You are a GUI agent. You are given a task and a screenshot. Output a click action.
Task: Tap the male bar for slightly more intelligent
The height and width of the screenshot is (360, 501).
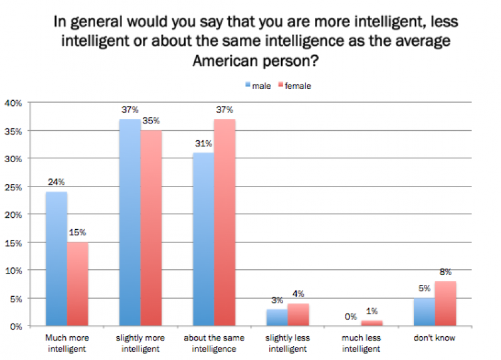[x=130, y=222]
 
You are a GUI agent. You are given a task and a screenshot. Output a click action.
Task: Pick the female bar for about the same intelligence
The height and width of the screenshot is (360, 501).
[x=225, y=222]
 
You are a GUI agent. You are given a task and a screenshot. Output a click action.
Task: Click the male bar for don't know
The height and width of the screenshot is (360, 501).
[x=423, y=312]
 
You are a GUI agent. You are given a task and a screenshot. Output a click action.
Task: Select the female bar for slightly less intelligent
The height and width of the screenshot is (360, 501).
[x=297, y=315]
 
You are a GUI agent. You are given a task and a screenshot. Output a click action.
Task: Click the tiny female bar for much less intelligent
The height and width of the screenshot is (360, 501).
[x=371, y=324]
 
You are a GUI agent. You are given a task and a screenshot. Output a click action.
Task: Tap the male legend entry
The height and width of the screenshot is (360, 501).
[x=257, y=86]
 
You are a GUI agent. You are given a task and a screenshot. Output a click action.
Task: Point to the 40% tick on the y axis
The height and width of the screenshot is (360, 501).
[x=13, y=103]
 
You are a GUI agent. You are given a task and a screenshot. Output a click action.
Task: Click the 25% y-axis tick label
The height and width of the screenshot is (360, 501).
[x=13, y=187]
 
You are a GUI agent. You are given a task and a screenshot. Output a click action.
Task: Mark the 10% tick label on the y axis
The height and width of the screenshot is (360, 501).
[x=13, y=270]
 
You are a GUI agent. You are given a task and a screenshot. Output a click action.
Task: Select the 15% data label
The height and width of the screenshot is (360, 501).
[x=78, y=234]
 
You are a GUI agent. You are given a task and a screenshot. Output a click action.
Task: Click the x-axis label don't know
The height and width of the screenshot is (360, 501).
[x=435, y=338]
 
